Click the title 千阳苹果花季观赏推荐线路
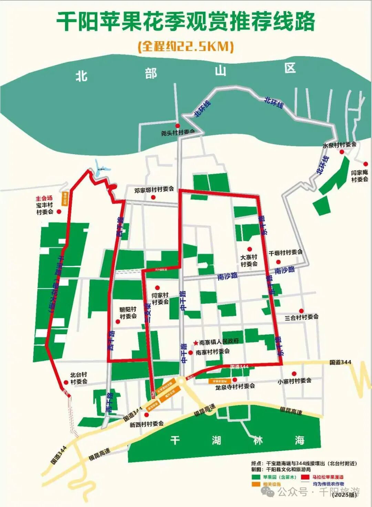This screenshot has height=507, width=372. [x=186, y=22]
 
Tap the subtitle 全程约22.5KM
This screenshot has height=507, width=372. [x=186, y=46]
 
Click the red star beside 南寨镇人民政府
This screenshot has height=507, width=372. [x=196, y=342]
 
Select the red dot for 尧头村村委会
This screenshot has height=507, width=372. [x=178, y=126]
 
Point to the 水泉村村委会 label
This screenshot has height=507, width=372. [x=339, y=145]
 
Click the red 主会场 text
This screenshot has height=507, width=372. [x=44, y=198]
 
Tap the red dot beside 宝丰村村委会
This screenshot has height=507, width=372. [x=59, y=212]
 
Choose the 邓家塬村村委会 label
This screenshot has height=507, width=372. [x=154, y=189]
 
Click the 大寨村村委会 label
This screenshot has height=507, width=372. [x=249, y=261]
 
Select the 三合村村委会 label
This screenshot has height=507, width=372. [x=301, y=317]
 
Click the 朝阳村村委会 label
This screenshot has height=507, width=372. [x=128, y=313]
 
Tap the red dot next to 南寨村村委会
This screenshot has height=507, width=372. [x=190, y=352]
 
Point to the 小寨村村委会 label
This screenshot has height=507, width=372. [x=294, y=381]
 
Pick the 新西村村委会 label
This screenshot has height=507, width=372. [x=146, y=424]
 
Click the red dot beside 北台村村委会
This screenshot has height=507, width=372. [x=66, y=382]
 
